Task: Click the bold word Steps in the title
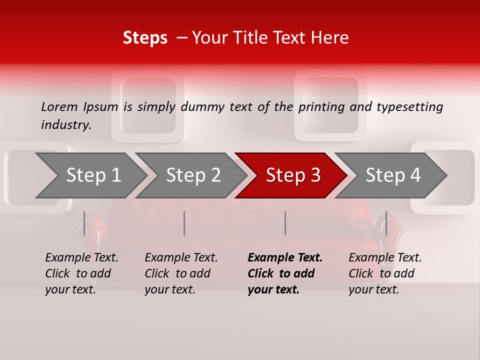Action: coord(145,38)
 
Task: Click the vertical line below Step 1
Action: coord(84,223)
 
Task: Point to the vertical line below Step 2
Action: coord(184,223)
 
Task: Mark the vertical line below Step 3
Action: coord(285,223)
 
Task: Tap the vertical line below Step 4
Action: coord(386,223)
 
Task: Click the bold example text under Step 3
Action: coord(285,273)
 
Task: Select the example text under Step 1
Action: coord(81,273)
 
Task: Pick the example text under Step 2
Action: coord(181,273)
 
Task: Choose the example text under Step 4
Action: coord(385,273)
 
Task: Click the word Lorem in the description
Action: coord(59,106)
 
